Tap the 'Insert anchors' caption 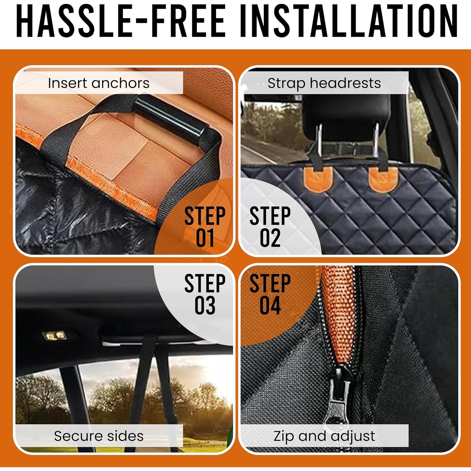click(99, 83)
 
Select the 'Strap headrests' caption click(324, 83)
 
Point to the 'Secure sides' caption click(99, 436)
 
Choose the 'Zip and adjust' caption click(324, 436)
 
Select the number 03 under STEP click(205, 305)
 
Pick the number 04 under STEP click(270, 305)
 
